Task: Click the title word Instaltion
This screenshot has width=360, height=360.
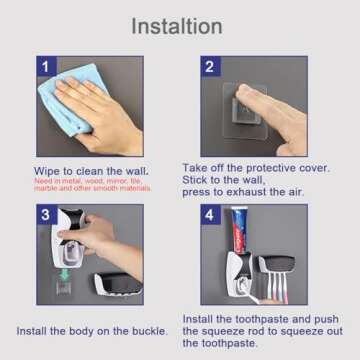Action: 181,24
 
